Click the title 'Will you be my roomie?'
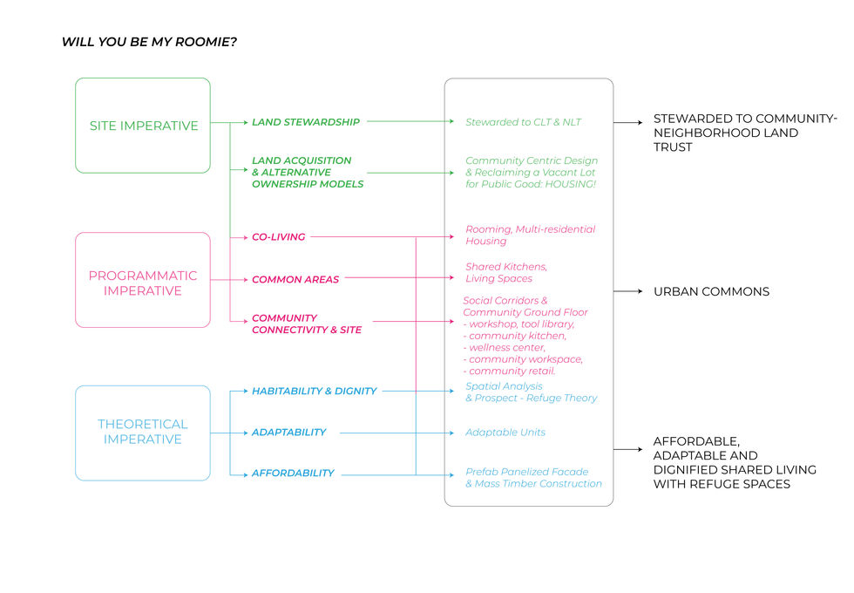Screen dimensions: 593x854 coord(149,42)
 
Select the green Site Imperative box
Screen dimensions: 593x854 coord(143,126)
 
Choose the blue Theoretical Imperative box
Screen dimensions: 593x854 coord(143,432)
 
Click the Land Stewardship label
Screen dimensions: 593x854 coord(305,122)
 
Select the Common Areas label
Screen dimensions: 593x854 coord(295,280)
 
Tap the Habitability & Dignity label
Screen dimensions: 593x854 coord(314,392)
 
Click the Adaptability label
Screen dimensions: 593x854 coord(288,433)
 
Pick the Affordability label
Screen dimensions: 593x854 coord(293,473)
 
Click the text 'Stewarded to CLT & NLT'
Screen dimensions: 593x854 coord(523,122)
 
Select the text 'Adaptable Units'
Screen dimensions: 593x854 coord(505,433)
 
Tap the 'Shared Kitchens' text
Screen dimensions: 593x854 coord(506,266)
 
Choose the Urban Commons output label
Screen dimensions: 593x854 coord(711,291)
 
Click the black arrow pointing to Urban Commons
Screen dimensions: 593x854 coord(628,291)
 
